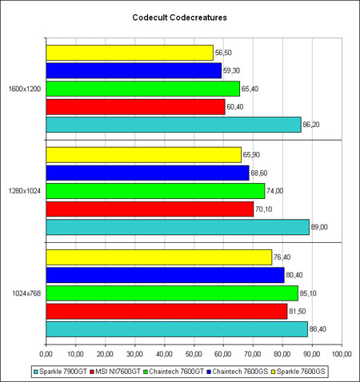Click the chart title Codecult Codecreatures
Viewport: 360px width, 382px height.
pos(180,18)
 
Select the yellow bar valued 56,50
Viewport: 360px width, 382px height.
pos(130,53)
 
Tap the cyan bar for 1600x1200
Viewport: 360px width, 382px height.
pos(174,125)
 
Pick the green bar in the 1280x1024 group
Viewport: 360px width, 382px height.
pos(155,191)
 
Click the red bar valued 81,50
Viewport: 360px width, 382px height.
pos(166,312)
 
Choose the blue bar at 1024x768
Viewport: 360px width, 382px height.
pos(165,275)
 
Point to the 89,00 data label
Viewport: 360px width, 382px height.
pos(319,227)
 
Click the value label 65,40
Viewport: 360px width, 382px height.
pos(250,89)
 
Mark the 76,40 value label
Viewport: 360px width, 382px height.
pos(282,257)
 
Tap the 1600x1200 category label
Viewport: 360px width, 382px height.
pos(25,89)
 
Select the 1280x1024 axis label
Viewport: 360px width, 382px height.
pos(25,191)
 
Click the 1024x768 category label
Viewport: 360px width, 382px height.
pos(26,293)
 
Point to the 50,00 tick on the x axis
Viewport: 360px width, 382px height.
pos(194,354)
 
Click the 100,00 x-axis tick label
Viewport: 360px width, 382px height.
pos(342,354)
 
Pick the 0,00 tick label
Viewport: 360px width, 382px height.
pos(46,354)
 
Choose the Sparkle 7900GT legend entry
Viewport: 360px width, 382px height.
pos(60,372)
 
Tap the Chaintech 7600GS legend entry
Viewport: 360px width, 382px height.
pos(238,372)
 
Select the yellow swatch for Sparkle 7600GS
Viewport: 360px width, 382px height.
pos(273,372)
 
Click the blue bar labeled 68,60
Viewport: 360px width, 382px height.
pos(147,173)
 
